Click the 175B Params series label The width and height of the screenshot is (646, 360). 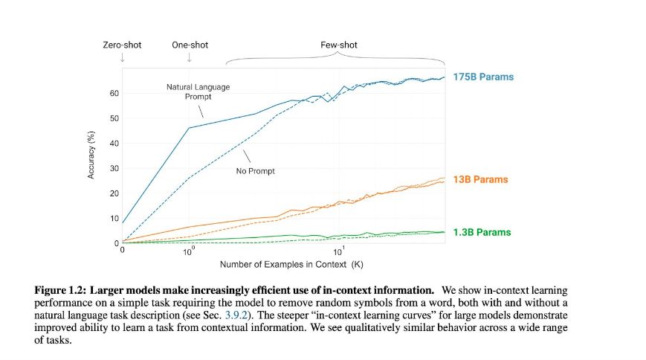483,77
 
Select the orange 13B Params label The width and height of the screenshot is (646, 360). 480,180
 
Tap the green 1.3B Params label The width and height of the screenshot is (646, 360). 482,233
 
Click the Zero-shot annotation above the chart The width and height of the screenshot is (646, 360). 122,45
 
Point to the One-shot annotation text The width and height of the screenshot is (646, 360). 190,45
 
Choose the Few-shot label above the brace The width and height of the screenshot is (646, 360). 339,45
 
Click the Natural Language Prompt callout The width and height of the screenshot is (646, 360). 198,92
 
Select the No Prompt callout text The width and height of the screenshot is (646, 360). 256,171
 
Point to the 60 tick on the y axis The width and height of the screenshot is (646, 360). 114,94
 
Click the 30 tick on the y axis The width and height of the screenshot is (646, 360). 114,169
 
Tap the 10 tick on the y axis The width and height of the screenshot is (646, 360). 114,219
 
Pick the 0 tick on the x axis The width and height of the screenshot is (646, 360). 123,250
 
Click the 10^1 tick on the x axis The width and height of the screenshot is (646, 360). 338,251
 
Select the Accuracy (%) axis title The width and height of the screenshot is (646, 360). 91,155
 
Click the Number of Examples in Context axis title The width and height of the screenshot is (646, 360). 291,264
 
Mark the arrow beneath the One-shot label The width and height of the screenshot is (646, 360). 189,57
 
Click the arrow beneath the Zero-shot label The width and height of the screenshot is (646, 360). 123,57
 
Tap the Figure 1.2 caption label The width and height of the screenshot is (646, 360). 60,290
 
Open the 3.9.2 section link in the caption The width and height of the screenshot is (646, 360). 236,315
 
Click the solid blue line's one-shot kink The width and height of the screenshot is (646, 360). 190,128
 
